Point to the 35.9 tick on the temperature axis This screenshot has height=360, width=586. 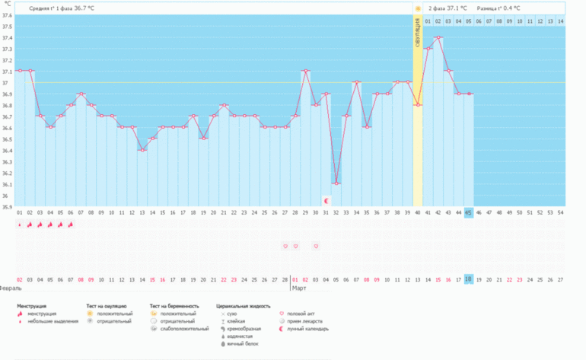(x=7, y=206)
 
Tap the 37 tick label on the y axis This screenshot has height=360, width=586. (x=5, y=83)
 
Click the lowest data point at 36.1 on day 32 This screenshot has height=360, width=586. (x=336, y=183)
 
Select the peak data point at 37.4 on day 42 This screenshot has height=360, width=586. (x=438, y=37)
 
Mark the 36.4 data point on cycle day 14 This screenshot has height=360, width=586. (x=142, y=150)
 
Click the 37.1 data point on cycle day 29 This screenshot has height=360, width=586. (x=305, y=71)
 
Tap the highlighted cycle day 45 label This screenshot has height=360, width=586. (x=469, y=213)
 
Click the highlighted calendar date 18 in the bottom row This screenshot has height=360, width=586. (x=469, y=279)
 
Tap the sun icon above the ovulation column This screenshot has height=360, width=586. (x=418, y=8)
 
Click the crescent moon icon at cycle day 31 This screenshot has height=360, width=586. (x=326, y=200)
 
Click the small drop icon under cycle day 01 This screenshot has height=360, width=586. (x=20, y=225)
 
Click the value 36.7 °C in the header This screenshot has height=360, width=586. (x=84, y=8)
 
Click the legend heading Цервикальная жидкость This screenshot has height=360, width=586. (x=243, y=305)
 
